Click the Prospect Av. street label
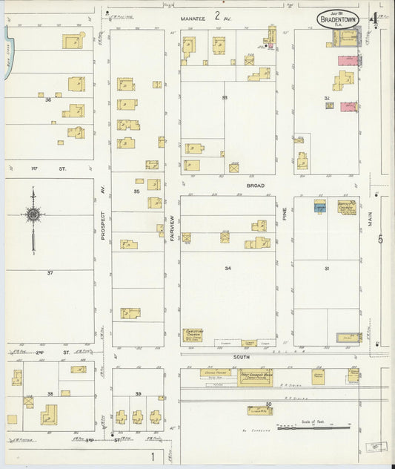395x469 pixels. pyautogui.click(x=102, y=223)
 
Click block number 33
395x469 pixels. pyautogui.click(x=224, y=98)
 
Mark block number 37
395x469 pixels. pyautogui.click(x=50, y=273)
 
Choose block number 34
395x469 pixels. pyautogui.click(x=228, y=268)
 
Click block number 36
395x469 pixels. pyautogui.click(x=47, y=99)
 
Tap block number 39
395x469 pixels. pyautogui.click(x=138, y=393)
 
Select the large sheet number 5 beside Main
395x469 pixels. pyautogui.click(x=380, y=239)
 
